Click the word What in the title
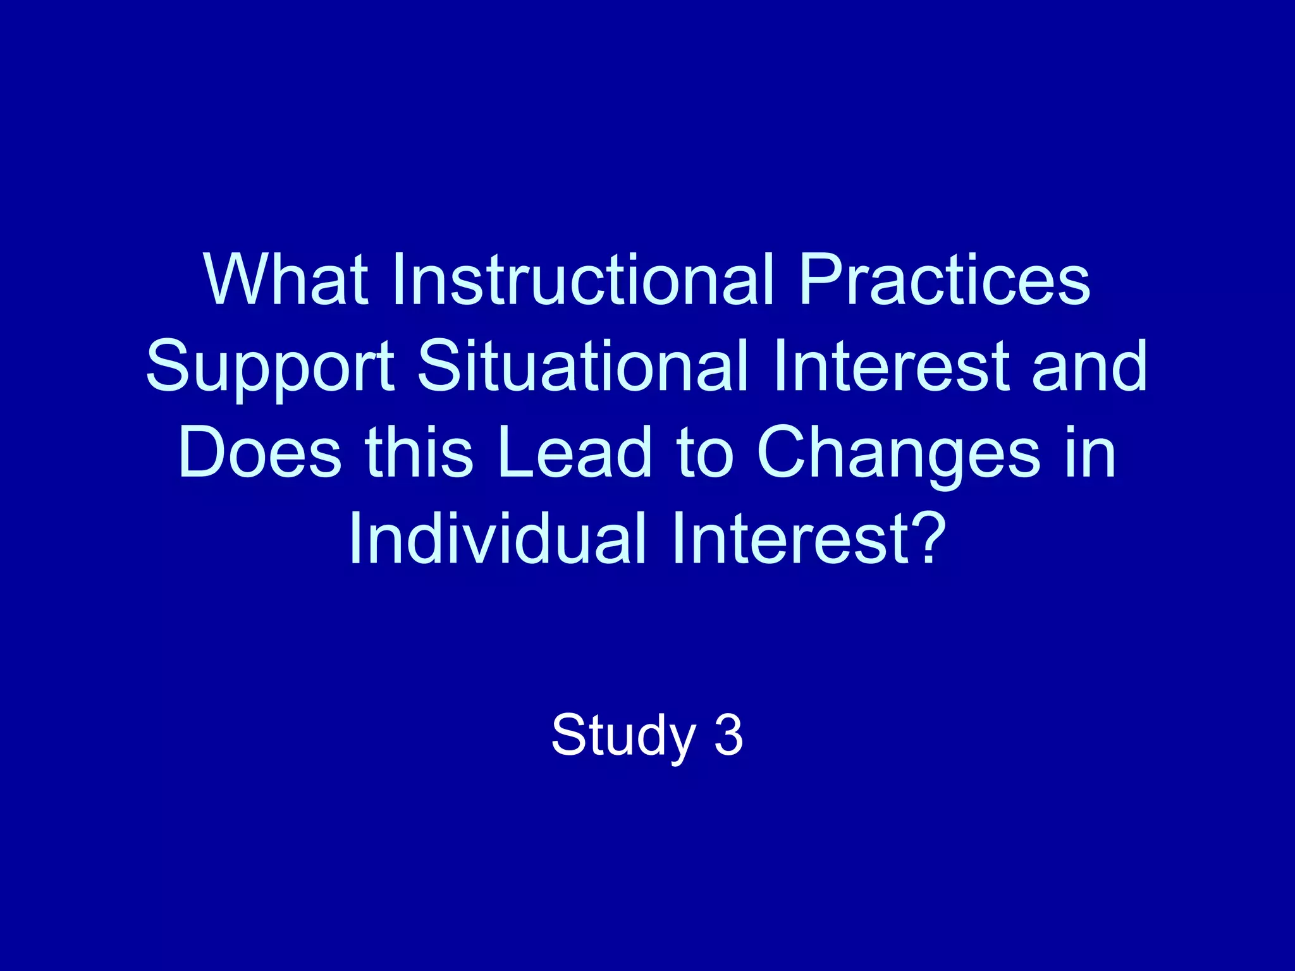(x=286, y=279)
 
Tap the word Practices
(x=945, y=279)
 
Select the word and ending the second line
(x=1090, y=365)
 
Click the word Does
(x=260, y=453)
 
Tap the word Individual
(x=497, y=539)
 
